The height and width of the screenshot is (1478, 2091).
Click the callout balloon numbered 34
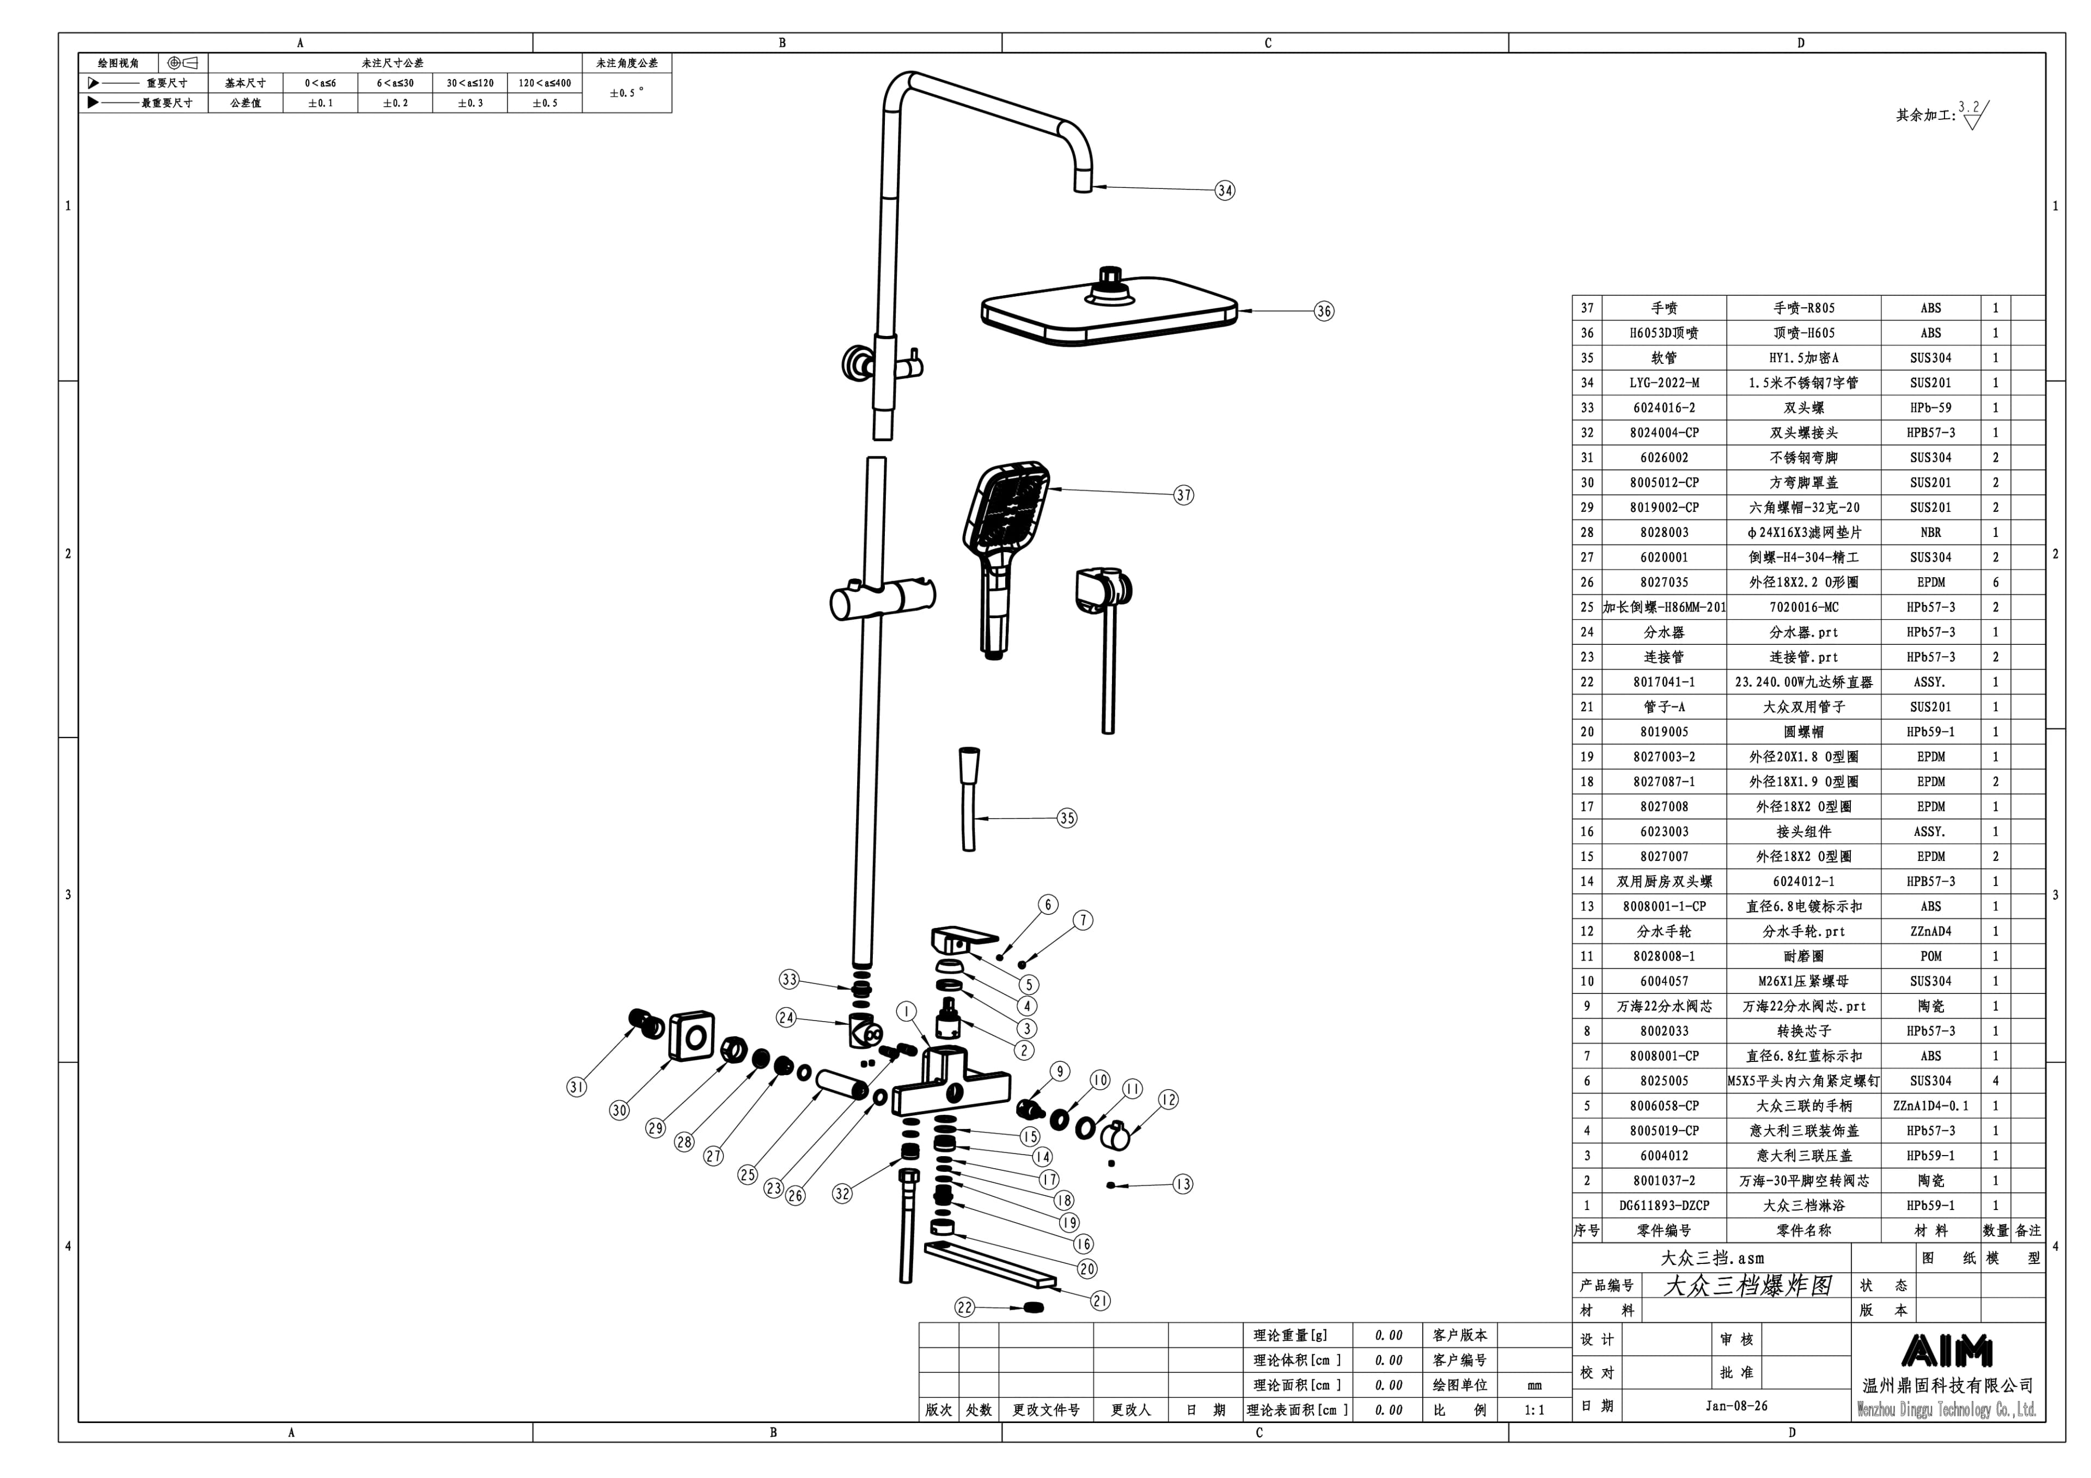(x=1225, y=190)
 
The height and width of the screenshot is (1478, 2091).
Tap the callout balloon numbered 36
(x=1323, y=310)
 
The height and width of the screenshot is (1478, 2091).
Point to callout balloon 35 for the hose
(x=1066, y=818)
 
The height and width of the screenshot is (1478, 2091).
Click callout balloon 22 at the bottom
(x=964, y=1308)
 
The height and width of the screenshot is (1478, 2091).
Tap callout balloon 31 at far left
(x=577, y=1086)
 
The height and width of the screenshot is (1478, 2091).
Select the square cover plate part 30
(x=691, y=1035)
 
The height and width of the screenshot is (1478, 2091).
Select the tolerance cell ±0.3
(x=470, y=103)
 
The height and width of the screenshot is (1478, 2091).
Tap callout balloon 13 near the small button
(x=1182, y=1184)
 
